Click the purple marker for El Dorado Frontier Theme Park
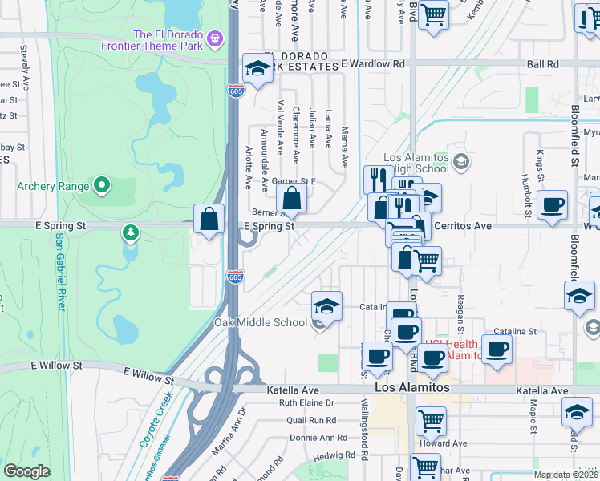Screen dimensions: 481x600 tap(214, 38)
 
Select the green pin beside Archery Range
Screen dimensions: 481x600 tap(102, 186)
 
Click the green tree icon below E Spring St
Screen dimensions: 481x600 tap(131, 233)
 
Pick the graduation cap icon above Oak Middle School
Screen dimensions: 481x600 tap(326, 305)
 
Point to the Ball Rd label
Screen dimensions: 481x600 tap(543, 63)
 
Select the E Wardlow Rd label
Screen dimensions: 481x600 tap(372, 63)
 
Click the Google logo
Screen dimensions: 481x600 tap(26, 471)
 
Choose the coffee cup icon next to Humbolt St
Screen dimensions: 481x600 tap(553, 205)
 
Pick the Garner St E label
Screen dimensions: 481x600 tap(294, 182)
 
